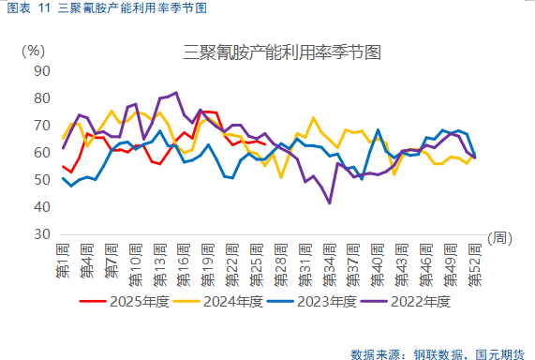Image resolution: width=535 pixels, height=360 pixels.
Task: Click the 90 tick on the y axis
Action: pos(41,70)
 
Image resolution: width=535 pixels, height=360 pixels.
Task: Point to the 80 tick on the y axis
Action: pos(41,97)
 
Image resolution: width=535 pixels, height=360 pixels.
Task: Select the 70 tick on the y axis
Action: pos(41,125)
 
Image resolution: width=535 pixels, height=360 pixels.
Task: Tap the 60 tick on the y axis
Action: pos(41,152)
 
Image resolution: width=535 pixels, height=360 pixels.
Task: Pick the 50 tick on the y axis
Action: pos(41,179)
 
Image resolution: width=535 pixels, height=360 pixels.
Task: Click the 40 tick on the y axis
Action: pos(41,206)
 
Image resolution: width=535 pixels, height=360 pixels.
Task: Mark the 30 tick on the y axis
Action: pos(41,233)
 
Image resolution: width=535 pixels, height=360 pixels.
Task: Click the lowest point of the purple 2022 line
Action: pos(330,202)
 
